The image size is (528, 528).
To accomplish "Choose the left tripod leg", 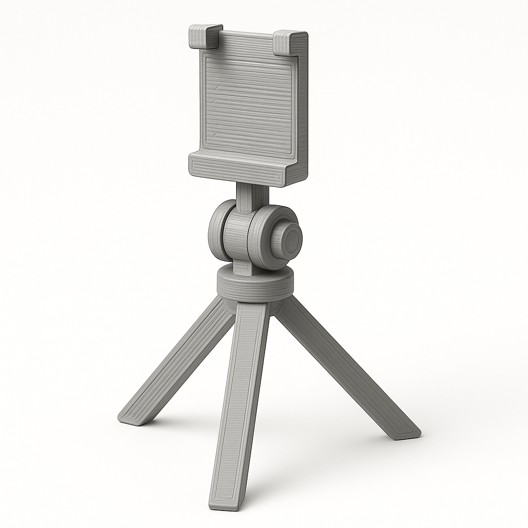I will tap(175, 361).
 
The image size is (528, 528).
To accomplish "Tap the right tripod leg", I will tap(345, 366).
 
